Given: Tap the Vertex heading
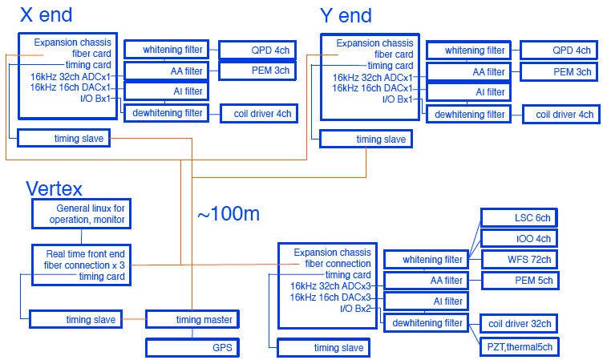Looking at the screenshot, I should coord(55,189).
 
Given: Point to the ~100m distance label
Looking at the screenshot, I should coord(229,214).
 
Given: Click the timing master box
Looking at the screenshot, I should coord(204,320).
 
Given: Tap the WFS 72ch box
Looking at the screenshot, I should coord(517,259).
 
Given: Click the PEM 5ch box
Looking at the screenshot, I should coord(517,281).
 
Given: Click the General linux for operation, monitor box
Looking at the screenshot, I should coord(80,214).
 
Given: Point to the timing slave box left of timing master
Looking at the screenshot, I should coord(75,320).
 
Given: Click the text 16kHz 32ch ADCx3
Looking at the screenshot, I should coord(330,285).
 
